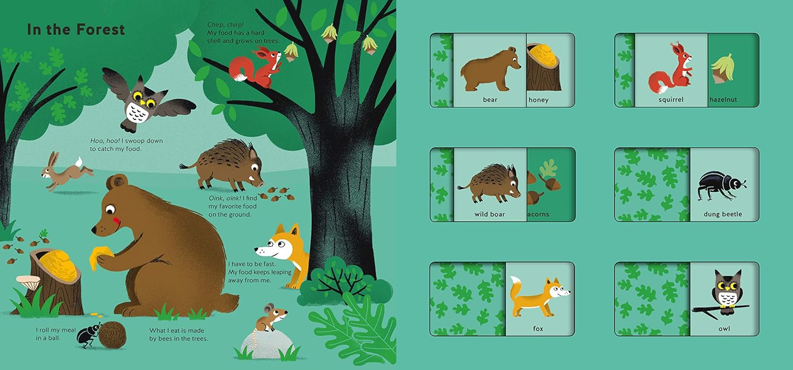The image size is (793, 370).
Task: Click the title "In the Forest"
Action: pyautogui.click(x=76, y=30)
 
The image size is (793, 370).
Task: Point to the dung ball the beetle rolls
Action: pyautogui.click(x=112, y=335)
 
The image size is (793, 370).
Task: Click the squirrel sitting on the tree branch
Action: pyautogui.click(x=255, y=68)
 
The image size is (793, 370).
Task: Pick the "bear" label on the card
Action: pyautogui.click(x=490, y=100)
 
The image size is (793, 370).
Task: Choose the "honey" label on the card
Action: pyautogui.click(x=539, y=100)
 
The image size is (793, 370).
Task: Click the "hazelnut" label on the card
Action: pyautogui.click(x=723, y=99)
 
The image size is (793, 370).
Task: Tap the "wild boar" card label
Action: pyautogui.click(x=490, y=214)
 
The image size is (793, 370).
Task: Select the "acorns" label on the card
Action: pyautogui.click(x=539, y=214)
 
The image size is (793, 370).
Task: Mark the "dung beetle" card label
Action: pyautogui.click(x=723, y=214)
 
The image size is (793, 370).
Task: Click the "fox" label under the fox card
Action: pyautogui.click(x=538, y=329)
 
